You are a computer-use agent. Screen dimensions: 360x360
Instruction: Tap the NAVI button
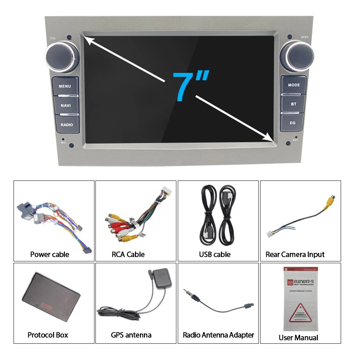(66, 105)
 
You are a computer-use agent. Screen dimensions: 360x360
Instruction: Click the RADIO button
(66, 124)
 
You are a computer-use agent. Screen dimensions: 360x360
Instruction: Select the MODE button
(294, 85)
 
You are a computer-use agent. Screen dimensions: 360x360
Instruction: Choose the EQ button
(293, 122)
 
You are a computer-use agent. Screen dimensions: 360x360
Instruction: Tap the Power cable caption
(49, 254)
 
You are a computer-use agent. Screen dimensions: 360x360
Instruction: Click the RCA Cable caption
(128, 254)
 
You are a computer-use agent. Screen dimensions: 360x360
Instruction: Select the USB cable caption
(215, 254)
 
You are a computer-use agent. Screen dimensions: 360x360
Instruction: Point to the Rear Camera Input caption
(295, 254)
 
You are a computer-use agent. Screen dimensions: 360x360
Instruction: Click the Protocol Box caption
(48, 335)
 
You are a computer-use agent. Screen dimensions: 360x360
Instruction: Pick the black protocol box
(51, 295)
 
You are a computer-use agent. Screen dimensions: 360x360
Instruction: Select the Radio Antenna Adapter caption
(218, 335)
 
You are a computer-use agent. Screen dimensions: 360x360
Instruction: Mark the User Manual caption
(298, 337)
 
